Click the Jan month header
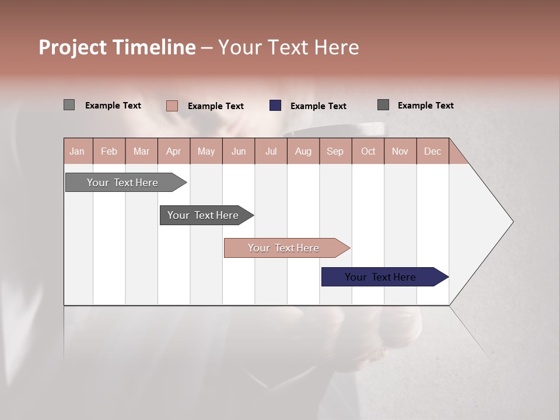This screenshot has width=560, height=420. tap(78, 151)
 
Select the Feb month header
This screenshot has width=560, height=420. tap(109, 151)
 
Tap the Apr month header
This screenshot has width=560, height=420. tap(174, 151)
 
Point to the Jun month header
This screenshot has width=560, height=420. tap(239, 151)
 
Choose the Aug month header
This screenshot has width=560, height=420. tap(303, 151)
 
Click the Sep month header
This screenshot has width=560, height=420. tap(335, 151)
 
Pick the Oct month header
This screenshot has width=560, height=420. tap(368, 151)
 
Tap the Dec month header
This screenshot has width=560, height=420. tap(433, 151)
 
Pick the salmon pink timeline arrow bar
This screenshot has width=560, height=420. tap(285, 248)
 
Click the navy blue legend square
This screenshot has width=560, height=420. tap(275, 106)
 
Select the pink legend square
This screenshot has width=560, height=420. tap(172, 106)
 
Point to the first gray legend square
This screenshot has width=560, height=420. tap(69, 105)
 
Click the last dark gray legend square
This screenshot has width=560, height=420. tap(383, 105)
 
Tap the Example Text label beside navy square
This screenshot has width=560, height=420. tap(318, 106)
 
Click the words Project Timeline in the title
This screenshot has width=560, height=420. tap(117, 47)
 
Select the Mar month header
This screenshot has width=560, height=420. tap(142, 151)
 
